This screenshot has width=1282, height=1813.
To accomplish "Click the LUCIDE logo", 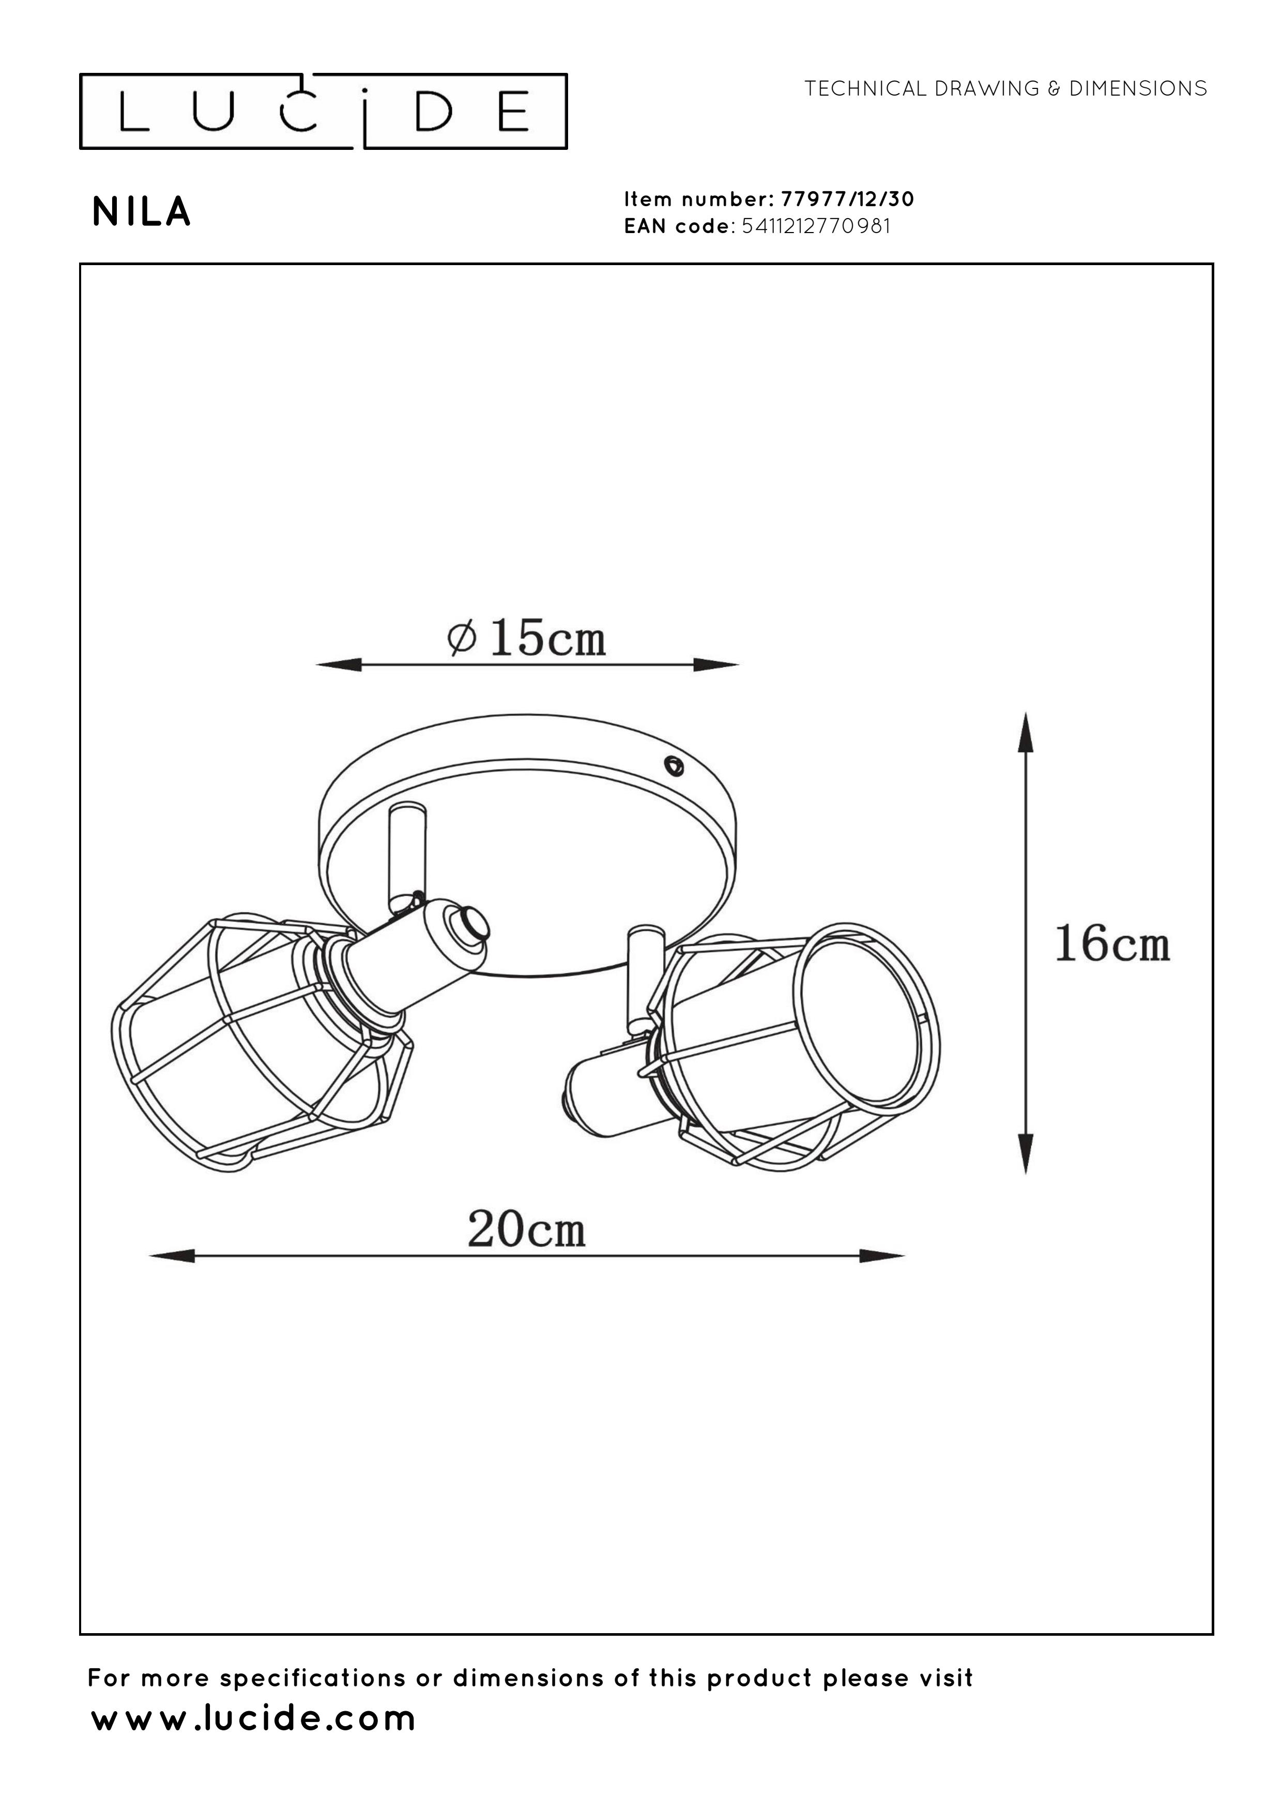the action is tap(323, 111).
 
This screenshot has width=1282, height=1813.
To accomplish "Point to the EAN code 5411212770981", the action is tap(817, 226).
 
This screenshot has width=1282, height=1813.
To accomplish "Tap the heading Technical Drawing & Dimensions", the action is tap(1005, 88).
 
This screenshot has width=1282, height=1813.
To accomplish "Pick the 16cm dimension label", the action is tap(1112, 944).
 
